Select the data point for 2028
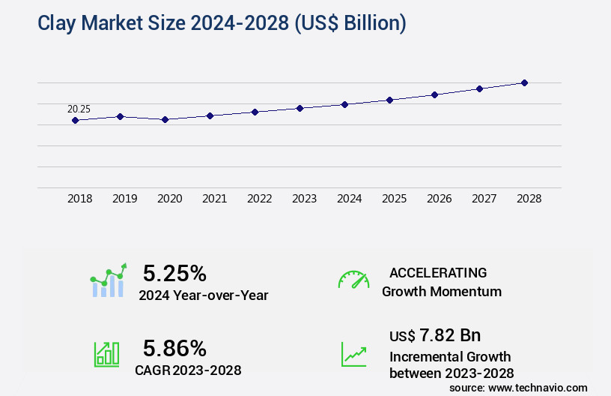[524, 82]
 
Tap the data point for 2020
[165, 119]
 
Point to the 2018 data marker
[75, 120]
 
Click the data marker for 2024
[344, 104]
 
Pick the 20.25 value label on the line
[79, 109]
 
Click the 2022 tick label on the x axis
[259, 199]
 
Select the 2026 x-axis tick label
[439, 199]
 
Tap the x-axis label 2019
[124, 199]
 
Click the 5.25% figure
[174, 272]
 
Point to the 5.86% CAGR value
[174, 347]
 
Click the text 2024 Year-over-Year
[203, 295]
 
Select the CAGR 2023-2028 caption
[187, 370]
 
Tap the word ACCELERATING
[438, 272]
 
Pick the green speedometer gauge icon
[353, 280]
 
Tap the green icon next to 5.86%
[106, 354]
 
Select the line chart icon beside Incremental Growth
[353, 354]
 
